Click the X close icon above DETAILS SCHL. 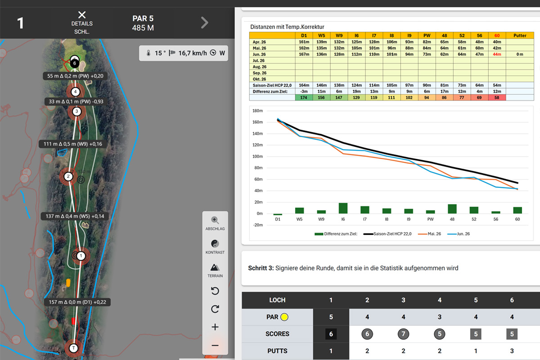[82, 15]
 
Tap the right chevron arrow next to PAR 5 [205, 23]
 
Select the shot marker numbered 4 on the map [76, 92]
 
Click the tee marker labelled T [73, 348]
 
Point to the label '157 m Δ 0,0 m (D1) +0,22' [77, 302]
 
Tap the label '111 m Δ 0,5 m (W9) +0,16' [73, 144]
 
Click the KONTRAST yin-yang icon [215, 243]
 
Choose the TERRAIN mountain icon [215, 267]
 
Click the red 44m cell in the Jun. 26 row [497, 54]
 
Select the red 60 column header [497, 36]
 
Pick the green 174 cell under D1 [304, 97]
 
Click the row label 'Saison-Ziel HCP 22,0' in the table [272, 85]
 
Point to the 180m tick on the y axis [257, 111]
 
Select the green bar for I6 [343, 208]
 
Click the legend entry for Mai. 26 [429, 234]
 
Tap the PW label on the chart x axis [430, 219]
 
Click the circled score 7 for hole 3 [403, 334]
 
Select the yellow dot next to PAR [284, 317]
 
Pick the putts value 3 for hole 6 [512, 351]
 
